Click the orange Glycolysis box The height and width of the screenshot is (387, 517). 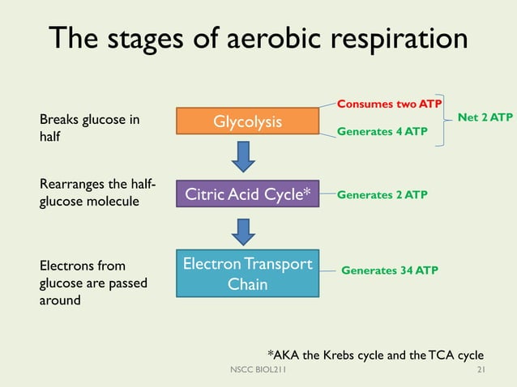pos(247,122)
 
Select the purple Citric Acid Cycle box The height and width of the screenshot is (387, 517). pos(248,195)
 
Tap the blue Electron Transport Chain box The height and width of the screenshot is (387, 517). pos(247,274)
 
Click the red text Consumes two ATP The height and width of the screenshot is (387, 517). pos(389,104)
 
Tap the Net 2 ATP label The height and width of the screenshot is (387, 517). pos(485,117)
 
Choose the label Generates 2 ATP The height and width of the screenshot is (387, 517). pos(382,195)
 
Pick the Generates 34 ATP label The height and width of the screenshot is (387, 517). pos(389,270)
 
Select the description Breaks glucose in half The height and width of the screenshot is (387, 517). pos(89,129)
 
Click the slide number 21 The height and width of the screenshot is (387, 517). pos(481,370)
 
